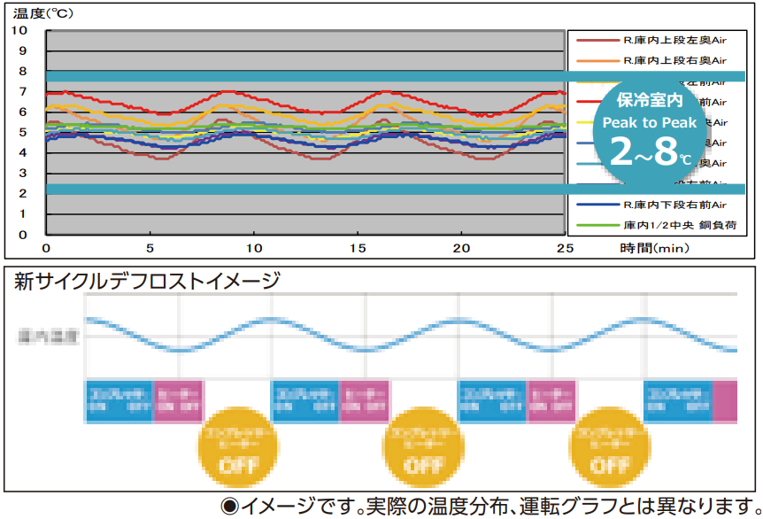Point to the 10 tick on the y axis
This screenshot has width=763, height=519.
[x=21, y=30]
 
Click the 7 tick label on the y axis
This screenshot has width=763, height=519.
[x=21, y=91]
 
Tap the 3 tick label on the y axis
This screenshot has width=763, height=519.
[x=21, y=173]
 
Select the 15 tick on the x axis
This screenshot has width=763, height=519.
[x=357, y=248]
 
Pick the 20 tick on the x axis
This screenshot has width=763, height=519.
[x=460, y=248]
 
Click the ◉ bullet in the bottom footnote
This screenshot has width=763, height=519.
[x=230, y=506]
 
